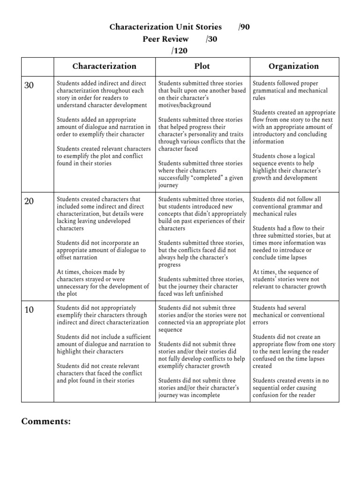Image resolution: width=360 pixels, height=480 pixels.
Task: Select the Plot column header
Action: click(x=202, y=66)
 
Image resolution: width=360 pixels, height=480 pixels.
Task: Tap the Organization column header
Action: click(x=293, y=66)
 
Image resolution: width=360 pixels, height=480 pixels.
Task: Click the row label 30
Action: click(x=29, y=85)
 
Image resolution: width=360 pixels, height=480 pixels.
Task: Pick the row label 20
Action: click(x=29, y=201)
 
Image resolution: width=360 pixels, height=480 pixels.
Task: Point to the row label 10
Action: click(x=29, y=309)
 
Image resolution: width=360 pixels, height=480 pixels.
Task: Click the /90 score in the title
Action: click(x=244, y=27)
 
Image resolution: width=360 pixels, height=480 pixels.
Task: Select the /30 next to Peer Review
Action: click(x=211, y=39)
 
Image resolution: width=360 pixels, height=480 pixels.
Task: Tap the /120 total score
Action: click(x=180, y=51)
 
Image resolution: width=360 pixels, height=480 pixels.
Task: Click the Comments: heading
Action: click(x=46, y=421)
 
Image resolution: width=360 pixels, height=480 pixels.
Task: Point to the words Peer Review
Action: click(x=165, y=39)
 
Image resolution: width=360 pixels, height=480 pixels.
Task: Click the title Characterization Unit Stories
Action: click(x=165, y=27)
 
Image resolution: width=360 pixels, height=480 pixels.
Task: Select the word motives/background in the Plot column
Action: click(x=185, y=105)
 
